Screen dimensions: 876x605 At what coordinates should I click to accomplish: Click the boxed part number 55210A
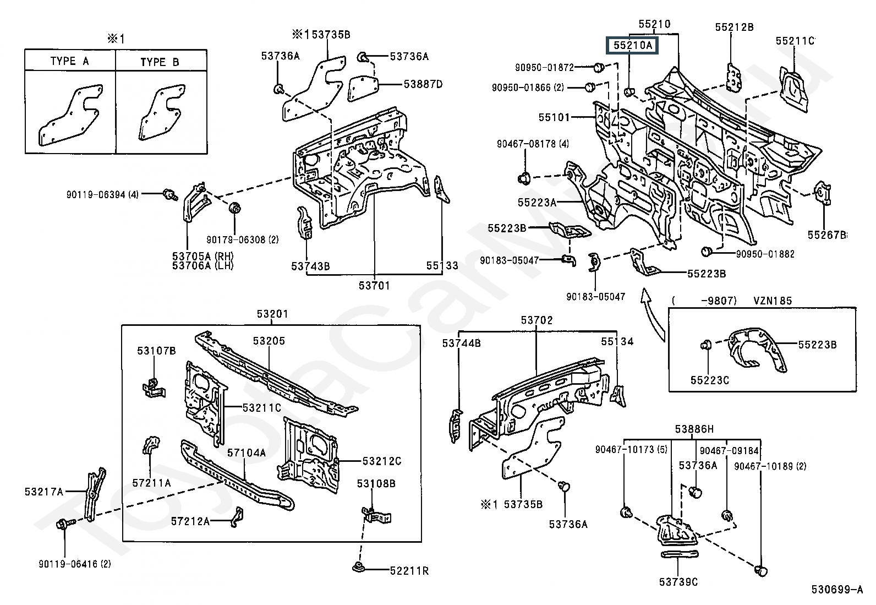pyautogui.click(x=632, y=45)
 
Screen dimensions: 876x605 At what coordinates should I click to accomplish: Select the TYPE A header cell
pyautogui.click(x=70, y=60)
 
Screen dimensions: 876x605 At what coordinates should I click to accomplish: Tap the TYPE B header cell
pyautogui.click(x=160, y=61)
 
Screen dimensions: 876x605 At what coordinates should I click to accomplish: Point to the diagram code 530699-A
pyautogui.click(x=836, y=590)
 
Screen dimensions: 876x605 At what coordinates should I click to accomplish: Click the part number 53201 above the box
pyautogui.click(x=272, y=314)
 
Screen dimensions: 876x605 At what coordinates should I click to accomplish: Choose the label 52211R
pyautogui.click(x=409, y=571)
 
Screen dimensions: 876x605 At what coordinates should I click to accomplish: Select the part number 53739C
pyautogui.click(x=678, y=582)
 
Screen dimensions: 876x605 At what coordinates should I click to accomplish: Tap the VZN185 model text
pyautogui.click(x=773, y=301)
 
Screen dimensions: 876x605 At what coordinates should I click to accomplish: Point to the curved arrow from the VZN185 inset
pyautogui.click(x=652, y=314)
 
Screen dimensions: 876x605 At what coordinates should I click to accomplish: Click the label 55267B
pyautogui.click(x=826, y=235)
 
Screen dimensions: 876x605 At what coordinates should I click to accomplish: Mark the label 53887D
pyautogui.click(x=423, y=84)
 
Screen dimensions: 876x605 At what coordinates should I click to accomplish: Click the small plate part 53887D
pyautogui.click(x=363, y=89)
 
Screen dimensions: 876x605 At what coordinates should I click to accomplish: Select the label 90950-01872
pyautogui.click(x=544, y=68)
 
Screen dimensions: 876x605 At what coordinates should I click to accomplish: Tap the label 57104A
pyautogui.click(x=247, y=453)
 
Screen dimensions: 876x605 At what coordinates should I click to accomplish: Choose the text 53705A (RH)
pyautogui.click(x=202, y=257)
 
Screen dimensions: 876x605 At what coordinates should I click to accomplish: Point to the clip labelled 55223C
pyautogui.click(x=707, y=346)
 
